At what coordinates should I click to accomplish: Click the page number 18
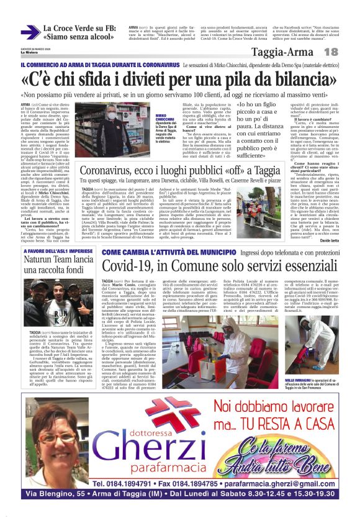coord(331,52)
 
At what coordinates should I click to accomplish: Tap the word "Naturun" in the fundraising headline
coord(41,262)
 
